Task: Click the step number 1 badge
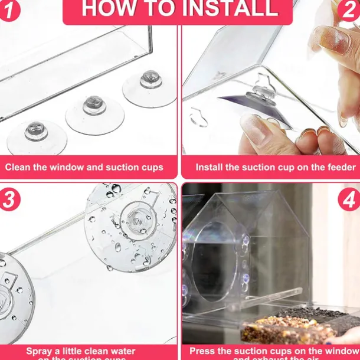click(x=8, y=11)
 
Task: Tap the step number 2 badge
click(x=349, y=10)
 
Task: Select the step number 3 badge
click(x=9, y=199)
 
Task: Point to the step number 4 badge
click(x=349, y=199)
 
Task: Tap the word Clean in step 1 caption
click(x=18, y=167)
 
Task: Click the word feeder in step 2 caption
click(x=341, y=167)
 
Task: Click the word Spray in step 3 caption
click(x=40, y=351)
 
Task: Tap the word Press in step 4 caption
click(x=203, y=351)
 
